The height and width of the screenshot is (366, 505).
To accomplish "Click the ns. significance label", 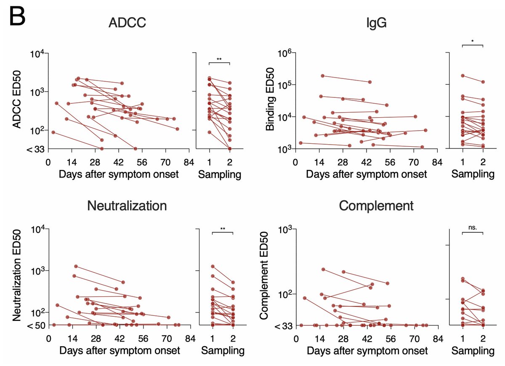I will click(473, 227).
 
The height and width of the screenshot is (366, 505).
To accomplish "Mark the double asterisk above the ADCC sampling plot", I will click(219, 59).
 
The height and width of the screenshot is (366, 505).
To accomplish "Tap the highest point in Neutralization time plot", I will click(76, 266).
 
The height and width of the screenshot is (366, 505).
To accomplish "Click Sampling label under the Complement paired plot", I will click(473, 350).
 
